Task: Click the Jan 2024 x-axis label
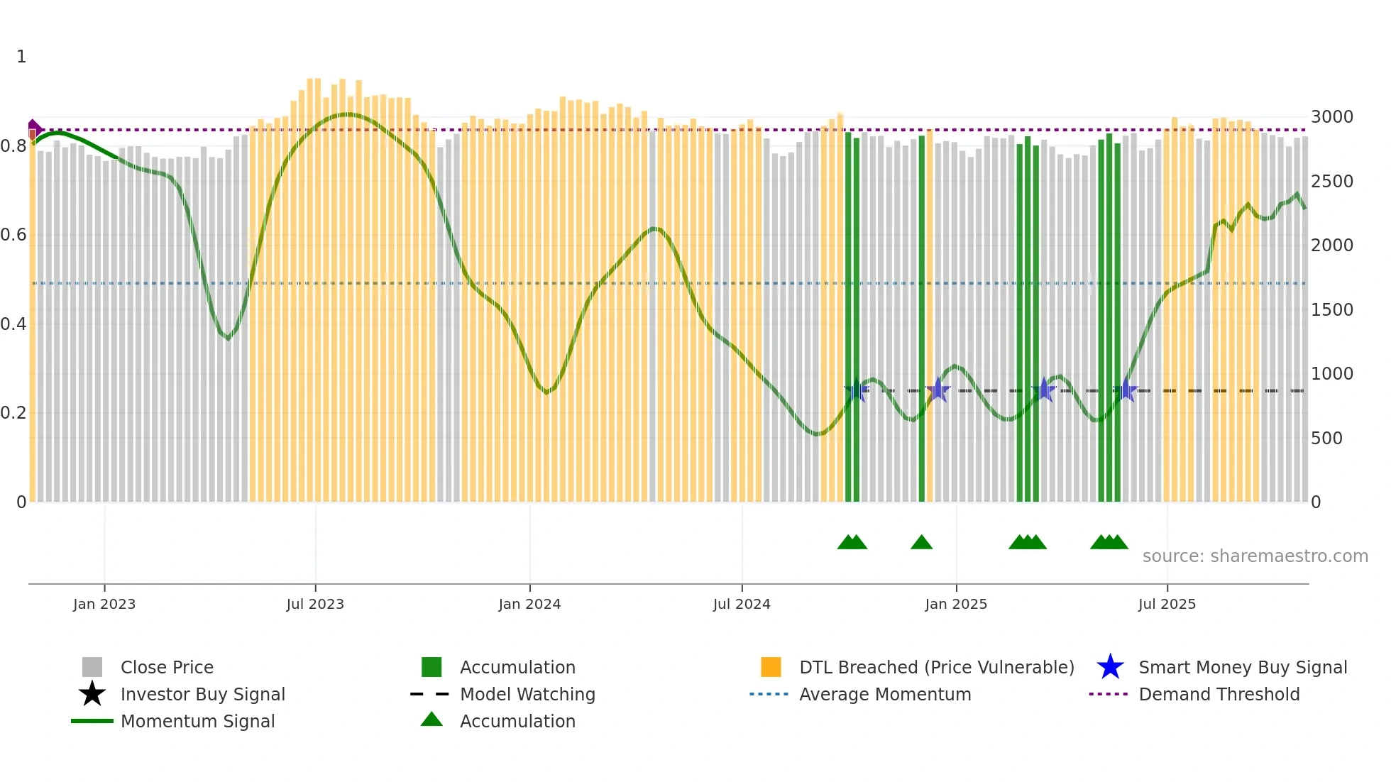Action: click(529, 604)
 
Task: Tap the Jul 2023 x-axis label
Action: click(315, 604)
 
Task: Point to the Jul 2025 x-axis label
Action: click(1167, 604)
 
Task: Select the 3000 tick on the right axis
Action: click(1331, 117)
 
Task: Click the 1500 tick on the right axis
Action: click(1331, 310)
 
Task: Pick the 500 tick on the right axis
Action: click(1326, 439)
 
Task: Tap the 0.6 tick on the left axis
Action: click(13, 235)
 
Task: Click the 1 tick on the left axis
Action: click(21, 57)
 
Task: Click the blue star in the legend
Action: click(1110, 667)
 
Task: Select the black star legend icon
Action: click(92, 694)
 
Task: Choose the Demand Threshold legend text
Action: click(1219, 694)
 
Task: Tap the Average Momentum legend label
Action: click(884, 694)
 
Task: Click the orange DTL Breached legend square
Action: click(771, 667)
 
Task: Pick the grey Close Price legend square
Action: click(92, 667)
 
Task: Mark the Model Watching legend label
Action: click(527, 694)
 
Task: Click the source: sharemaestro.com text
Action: click(1255, 556)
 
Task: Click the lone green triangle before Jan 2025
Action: click(921, 543)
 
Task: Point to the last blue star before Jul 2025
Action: click(1126, 390)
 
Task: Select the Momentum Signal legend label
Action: click(197, 721)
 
